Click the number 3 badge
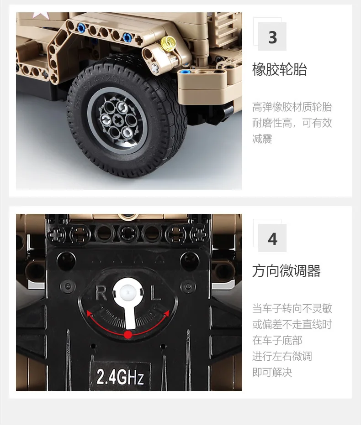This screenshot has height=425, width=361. [x=272, y=36]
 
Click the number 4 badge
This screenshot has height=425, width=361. [x=272, y=238]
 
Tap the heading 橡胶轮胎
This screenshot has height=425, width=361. [x=280, y=70]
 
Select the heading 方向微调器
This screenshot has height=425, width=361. [x=287, y=271]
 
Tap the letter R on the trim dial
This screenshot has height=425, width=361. [x=101, y=293]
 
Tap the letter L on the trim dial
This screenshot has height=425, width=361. [x=156, y=293]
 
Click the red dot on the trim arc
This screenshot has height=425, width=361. [x=128, y=334]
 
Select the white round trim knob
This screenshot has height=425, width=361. [x=128, y=292]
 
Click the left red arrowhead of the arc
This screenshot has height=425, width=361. [x=89, y=314]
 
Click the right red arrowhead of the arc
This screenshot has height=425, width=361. [x=167, y=314]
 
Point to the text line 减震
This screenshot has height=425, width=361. [x=262, y=139]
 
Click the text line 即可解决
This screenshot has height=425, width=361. [x=272, y=372]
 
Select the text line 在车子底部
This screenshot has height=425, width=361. [x=277, y=341]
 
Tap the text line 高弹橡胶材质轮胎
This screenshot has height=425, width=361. [x=292, y=107]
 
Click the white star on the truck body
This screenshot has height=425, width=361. [x=41, y=15]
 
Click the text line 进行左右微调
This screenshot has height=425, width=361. [x=282, y=357]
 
